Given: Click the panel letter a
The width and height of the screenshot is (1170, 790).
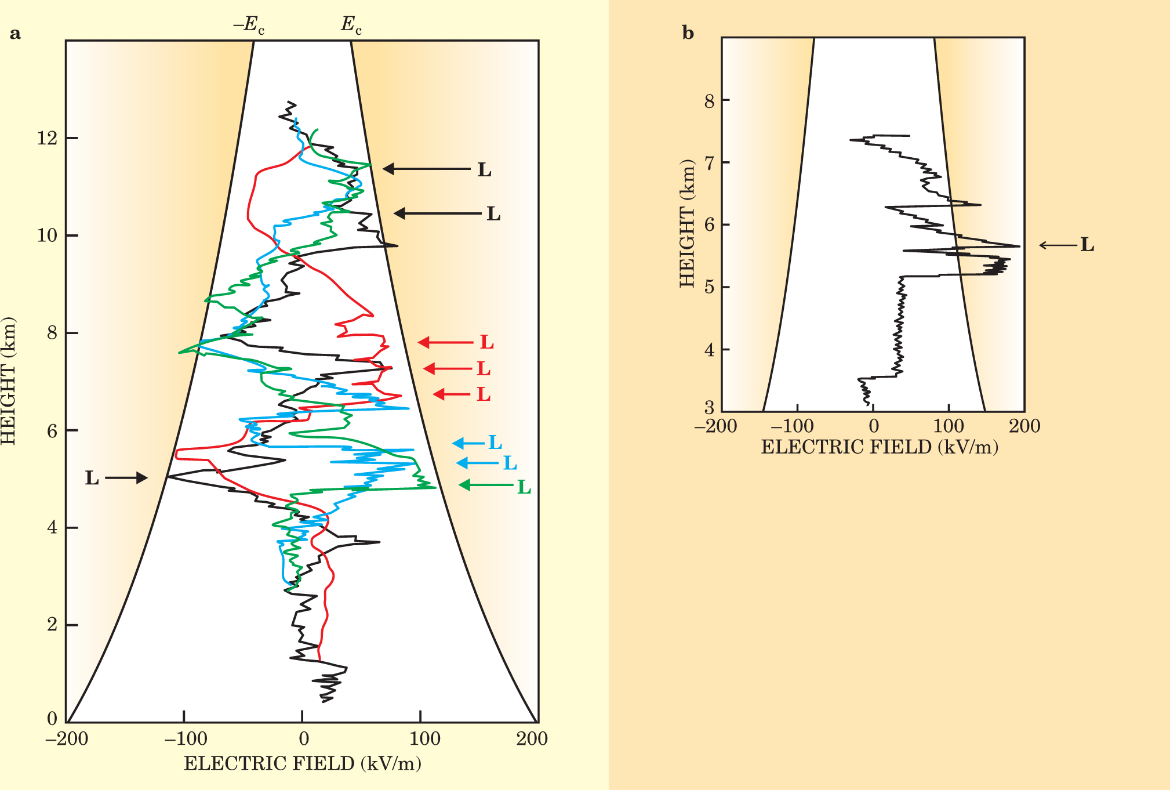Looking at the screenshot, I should (x=15, y=34).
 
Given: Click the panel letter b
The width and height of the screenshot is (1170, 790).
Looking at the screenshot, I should (x=688, y=34).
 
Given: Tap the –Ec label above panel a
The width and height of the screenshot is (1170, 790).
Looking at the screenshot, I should (x=249, y=25).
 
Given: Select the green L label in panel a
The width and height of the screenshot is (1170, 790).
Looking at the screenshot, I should (x=524, y=487).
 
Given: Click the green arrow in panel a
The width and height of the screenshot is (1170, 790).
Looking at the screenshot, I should (x=486, y=484).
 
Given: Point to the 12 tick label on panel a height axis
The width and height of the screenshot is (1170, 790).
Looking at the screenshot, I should (x=47, y=138).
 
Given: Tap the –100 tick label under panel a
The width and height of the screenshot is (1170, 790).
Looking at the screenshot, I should (x=185, y=739).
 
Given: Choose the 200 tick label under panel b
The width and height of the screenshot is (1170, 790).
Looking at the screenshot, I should (x=1024, y=426).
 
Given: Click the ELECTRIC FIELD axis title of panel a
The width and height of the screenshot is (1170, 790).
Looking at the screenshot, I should (x=303, y=763).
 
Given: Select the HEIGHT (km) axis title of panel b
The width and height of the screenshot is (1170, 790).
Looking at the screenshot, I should (x=687, y=223).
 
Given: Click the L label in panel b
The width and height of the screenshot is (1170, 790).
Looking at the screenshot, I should (x=1087, y=245).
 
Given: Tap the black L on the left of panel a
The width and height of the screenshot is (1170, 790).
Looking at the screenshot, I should (x=92, y=479).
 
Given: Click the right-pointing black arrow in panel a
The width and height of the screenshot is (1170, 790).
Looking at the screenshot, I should (x=126, y=478).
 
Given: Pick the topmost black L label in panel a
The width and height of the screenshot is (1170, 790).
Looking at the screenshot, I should (x=484, y=170).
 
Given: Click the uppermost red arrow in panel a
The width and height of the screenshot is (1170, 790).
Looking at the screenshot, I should (x=445, y=342).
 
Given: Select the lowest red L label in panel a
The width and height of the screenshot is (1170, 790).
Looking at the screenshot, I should (x=483, y=395).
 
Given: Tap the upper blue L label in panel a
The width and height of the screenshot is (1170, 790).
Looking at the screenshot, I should (x=495, y=443).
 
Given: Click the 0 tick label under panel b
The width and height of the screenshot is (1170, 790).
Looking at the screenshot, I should (x=873, y=426).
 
